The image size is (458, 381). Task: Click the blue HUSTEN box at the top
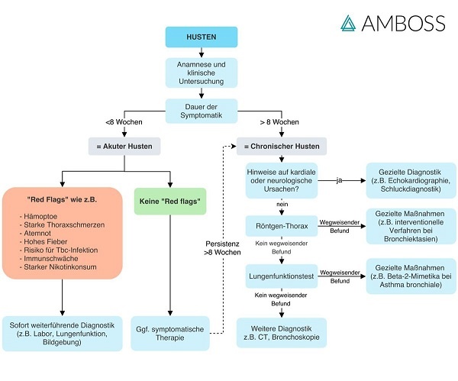(201, 37)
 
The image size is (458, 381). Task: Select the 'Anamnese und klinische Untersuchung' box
(201, 73)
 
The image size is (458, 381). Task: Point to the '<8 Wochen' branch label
(121, 122)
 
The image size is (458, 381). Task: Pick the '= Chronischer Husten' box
(281, 146)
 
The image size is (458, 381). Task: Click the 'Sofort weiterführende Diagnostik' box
(62, 333)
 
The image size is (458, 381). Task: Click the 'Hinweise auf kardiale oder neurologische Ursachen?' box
(281, 180)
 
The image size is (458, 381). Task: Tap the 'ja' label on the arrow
(339, 180)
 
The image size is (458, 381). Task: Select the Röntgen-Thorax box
(281, 226)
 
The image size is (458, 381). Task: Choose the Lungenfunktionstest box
(281, 272)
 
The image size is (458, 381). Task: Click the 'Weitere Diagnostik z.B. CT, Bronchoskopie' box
(281, 332)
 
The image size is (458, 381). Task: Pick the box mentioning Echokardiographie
(408, 180)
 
